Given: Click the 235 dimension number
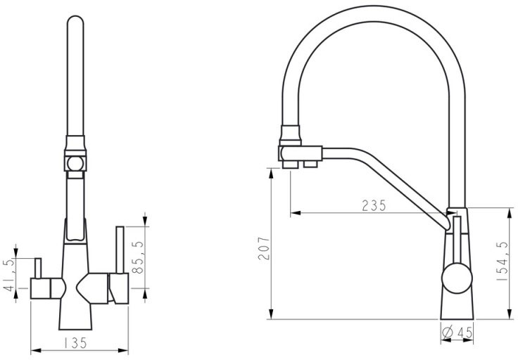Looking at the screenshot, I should (x=374, y=205).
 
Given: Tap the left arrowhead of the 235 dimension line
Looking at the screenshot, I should (x=295, y=212).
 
